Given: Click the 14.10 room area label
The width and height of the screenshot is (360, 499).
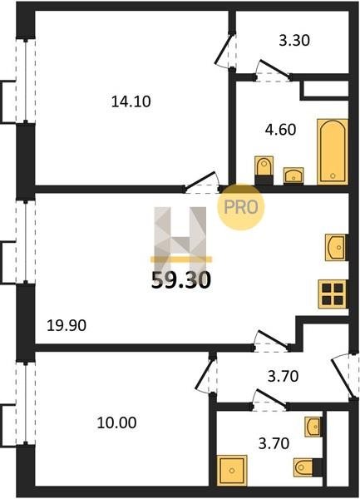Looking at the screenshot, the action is click(131, 101).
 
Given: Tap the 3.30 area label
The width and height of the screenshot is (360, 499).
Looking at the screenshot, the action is click(294, 41).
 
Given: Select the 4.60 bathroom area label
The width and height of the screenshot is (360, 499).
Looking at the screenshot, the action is click(280, 130).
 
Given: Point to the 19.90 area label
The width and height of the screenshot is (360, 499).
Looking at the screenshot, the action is click(67, 325).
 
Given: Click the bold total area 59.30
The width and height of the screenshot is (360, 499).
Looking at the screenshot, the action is click(181, 280).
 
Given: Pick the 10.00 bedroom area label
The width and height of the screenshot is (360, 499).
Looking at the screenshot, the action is click(116, 422).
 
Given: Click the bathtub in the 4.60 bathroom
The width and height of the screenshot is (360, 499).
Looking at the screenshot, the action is click(333, 152).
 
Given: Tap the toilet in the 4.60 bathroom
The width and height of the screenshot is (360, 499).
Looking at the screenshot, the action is click(264, 170).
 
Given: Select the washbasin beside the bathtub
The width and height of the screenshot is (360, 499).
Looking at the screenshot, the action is click(293, 175).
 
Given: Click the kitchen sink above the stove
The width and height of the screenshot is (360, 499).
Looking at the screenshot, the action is click(336, 247).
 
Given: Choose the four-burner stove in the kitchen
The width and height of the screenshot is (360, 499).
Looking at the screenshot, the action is click(333, 294).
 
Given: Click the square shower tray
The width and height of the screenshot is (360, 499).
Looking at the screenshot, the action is click(232, 470).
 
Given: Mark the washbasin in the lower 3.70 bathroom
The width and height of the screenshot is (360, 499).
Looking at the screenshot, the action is click(313, 427).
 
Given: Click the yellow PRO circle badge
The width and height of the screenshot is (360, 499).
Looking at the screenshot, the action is click(241, 207).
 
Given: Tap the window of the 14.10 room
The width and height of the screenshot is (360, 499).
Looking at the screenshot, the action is click(26, 81).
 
